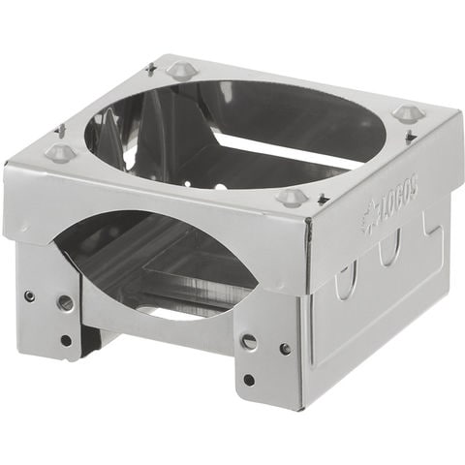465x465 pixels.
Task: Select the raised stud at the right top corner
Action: point(406,112)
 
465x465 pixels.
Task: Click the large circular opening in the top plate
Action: point(235,134)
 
